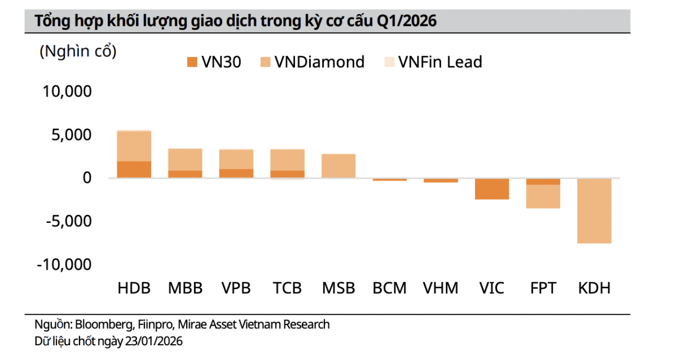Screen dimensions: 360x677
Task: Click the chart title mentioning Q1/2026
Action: (x=236, y=21)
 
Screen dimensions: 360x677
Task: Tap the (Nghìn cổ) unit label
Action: (x=78, y=51)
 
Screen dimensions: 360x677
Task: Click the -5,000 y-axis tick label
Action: (x=64, y=221)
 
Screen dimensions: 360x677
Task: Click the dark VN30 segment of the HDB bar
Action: (x=134, y=169)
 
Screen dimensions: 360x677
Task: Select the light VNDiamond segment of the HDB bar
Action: (x=134, y=146)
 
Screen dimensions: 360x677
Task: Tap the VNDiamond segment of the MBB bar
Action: (x=185, y=159)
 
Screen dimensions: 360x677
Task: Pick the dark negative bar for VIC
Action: (x=492, y=188)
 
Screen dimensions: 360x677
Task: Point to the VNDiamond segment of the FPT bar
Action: (x=543, y=196)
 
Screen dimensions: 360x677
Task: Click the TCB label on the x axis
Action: (x=287, y=288)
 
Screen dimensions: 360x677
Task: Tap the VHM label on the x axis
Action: (x=441, y=288)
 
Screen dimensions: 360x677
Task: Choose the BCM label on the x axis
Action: (x=389, y=288)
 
